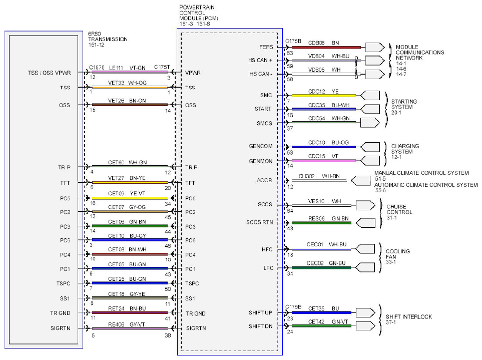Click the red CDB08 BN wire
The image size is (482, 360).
(x=326, y=48)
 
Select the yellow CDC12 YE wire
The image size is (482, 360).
(x=323, y=96)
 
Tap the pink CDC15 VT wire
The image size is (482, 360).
(x=323, y=161)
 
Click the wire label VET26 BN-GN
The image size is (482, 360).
(x=127, y=101)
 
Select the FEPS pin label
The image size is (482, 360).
(x=266, y=47)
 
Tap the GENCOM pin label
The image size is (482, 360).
(x=261, y=146)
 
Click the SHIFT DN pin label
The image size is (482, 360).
(x=260, y=326)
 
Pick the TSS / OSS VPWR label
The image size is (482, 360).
(x=49, y=73)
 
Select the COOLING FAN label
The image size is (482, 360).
(x=398, y=256)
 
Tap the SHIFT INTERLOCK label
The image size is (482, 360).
(x=409, y=319)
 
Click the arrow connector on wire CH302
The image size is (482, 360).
(x=361, y=180)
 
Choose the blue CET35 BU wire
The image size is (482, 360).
(x=321, y=312)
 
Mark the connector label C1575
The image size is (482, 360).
(x=97, y=67)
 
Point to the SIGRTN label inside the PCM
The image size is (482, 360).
(x=196, y=328)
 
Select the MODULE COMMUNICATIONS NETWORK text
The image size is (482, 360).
(x=420, y=52)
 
